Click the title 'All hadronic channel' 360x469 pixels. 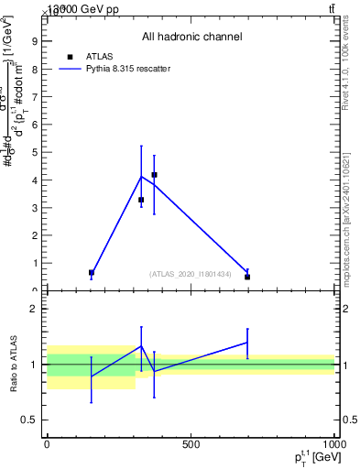[191, 37]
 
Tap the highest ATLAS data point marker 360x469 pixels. [154, 174]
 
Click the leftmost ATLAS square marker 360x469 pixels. [92, 272]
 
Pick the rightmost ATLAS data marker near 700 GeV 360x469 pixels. [247, 277]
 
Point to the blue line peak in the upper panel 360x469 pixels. [141, 176]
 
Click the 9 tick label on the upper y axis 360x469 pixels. [34, 40]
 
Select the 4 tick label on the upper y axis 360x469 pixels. [34, 180]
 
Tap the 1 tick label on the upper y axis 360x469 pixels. [34, 263]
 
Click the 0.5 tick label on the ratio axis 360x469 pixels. [29, 420]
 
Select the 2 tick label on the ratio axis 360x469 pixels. [34, 309]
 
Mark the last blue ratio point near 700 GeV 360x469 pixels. [247, 343]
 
